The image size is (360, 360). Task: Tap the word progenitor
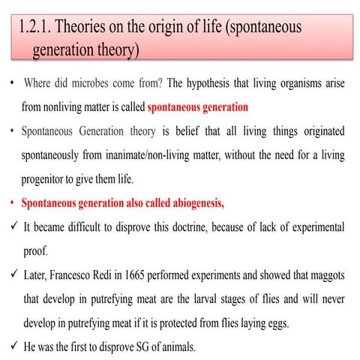click(x=48, y=180)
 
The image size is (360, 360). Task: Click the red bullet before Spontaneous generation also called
click(x=10, y=204)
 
